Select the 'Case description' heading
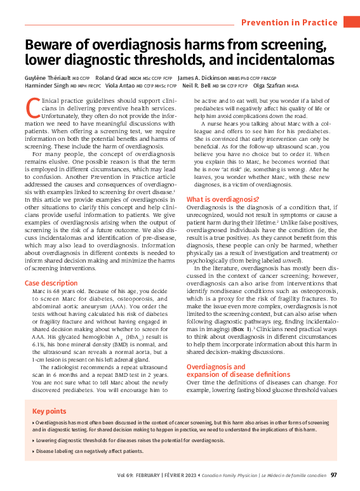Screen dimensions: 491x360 tap(51, 283)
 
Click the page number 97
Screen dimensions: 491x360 tap(334, 475)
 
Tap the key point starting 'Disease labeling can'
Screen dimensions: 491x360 tap(90, 451)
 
